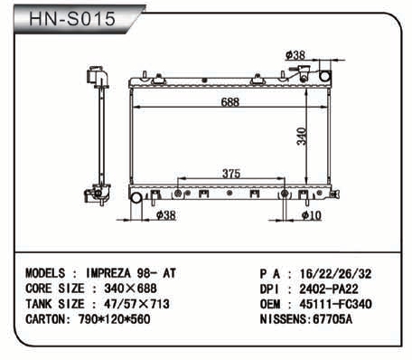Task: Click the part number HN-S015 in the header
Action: point(72,19)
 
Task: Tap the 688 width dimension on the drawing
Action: point(230,102)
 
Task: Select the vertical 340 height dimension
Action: point(302,137)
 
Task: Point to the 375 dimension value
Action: point(231,174)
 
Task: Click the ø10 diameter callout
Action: point(312,215)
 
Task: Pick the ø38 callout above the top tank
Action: point(295,55)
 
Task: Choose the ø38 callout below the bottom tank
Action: point(166,215)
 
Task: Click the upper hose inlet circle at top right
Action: point(325,75)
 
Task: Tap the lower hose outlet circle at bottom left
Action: point(136,197)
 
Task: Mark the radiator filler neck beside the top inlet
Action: point(304,73)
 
